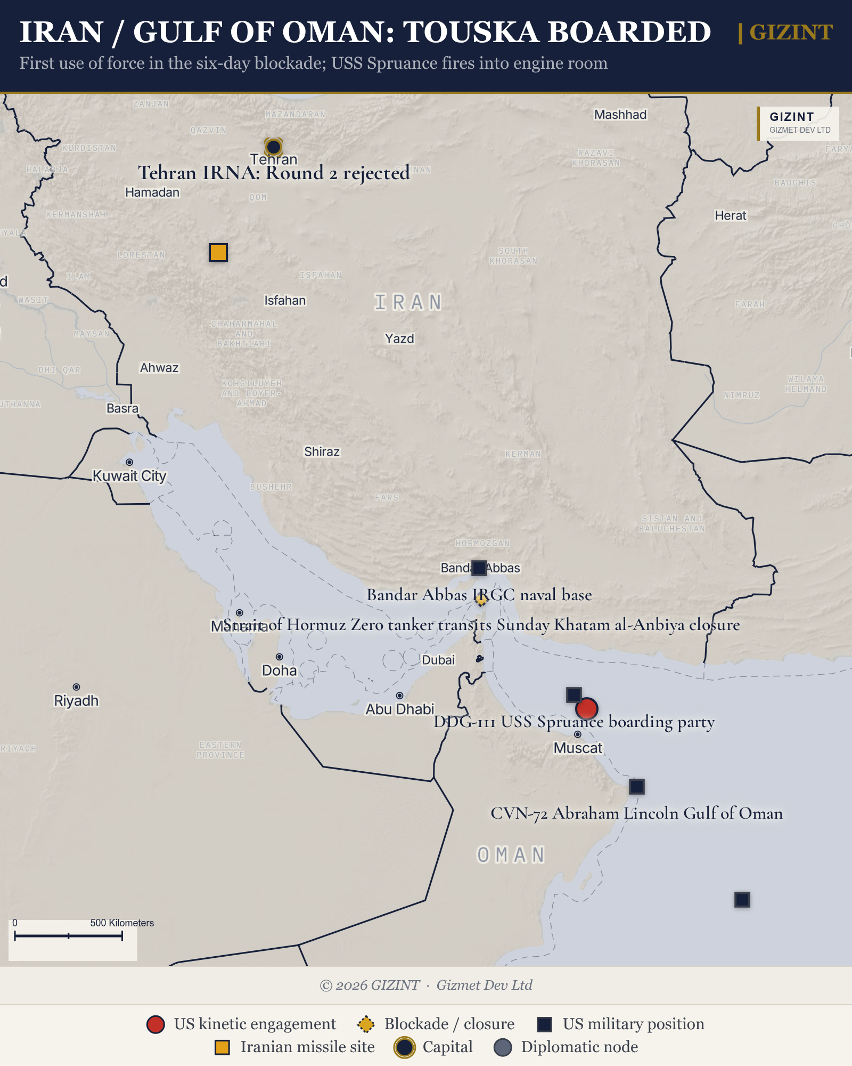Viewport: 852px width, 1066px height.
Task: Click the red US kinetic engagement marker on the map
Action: click(586, 709)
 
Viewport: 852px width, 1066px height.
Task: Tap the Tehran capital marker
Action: click(273, 147)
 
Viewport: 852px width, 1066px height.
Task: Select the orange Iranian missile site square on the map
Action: click(218, 252)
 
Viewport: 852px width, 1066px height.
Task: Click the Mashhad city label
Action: click(620, 115)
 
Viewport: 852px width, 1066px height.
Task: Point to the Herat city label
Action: click(730, 215)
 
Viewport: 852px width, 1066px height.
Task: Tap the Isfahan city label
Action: click(285, 301)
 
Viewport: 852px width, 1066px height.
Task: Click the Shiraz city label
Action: click(322, 451)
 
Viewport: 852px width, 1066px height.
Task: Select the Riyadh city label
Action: click(76, 700)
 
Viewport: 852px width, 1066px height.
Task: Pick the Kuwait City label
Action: click(129, 475)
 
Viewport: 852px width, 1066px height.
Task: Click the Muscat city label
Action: click(578, 748)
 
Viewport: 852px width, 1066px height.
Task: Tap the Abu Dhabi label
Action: click(399, 709)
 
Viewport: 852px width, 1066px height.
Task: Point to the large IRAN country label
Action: click(408, 302)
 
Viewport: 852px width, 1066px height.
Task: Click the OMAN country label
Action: click(511, 855)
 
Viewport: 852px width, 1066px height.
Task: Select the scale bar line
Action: click(68, 935)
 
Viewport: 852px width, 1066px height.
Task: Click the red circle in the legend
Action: click(155, 1024)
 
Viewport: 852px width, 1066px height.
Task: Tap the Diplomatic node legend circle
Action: click(503, 1047)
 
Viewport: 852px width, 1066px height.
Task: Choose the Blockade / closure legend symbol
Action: click(365, 1024)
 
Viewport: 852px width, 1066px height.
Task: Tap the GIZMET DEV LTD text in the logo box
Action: click(799, 130)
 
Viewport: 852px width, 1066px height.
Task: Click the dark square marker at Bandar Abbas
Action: click(479, 568)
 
